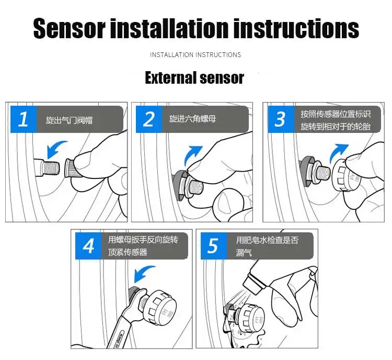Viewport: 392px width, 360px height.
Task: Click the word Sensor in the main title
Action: (69, 28)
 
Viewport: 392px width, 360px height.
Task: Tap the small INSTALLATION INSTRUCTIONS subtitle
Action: (195, 55)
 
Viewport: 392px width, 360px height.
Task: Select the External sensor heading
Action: (194, 77)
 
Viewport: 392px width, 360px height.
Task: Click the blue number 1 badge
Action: (24, 119)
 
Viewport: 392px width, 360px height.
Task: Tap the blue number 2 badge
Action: (149, 119)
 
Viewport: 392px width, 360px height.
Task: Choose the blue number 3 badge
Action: (281, 119)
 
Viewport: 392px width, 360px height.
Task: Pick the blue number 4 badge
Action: (88, 246)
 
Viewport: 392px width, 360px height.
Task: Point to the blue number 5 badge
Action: (214, 246)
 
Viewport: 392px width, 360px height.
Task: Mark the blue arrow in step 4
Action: (143, 273)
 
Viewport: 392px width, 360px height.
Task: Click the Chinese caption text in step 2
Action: (192, 119)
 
